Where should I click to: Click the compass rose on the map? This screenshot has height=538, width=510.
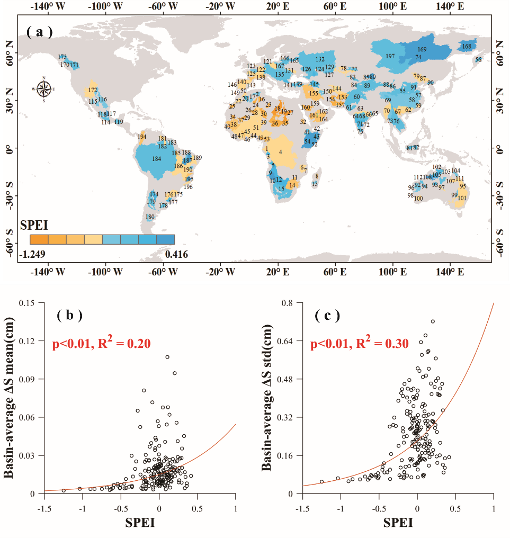tap(44, 88)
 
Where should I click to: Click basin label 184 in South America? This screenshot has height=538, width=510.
tap(156, 159)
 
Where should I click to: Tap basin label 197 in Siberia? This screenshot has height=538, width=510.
tap(390, 56)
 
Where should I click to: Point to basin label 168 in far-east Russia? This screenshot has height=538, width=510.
tap(467, 47)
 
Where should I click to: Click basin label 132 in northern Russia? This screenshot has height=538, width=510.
tap(320, 59)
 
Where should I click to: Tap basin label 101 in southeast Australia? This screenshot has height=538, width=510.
tap(462, 198)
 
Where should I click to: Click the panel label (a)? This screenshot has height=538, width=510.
tap(40, 32)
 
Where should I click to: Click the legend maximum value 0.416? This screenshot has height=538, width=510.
tap(176, 255)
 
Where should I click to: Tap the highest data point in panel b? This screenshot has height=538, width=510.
tap(167, 357)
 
